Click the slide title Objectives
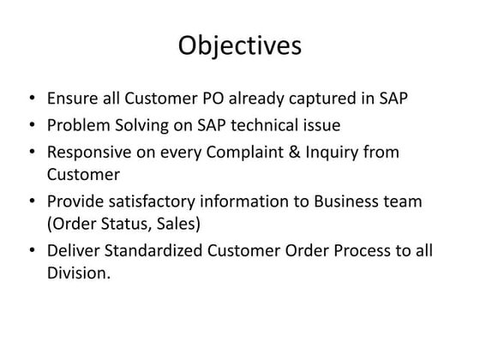click(x=239, y=45)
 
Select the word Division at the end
click(x=78, y=275)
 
